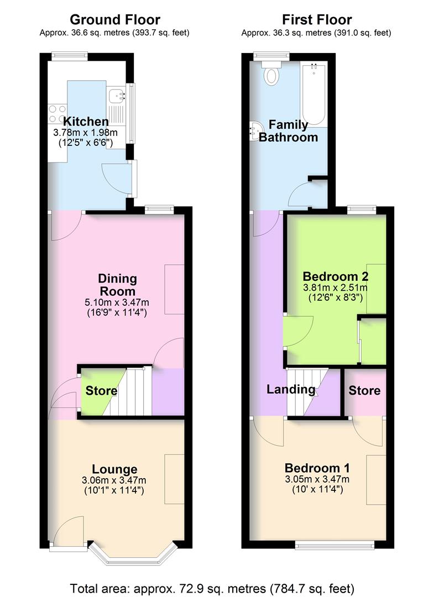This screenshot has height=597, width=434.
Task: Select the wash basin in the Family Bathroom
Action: pyautogui.click(x=255, y=131)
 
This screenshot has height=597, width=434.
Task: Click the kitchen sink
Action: pyautogui.click(x=116, y=96)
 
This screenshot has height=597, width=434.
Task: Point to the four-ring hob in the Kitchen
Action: pyautogui.click(x=57, y=114)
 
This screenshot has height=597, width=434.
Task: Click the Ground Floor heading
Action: pyautogui.click(x=114, y=20)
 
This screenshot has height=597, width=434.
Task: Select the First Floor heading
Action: pyautogui.click(x=316, y=20)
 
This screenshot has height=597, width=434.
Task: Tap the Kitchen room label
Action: pyautogui.click(x=86, y=122)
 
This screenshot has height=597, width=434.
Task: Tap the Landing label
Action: pyautogui.click(x=291, y=389)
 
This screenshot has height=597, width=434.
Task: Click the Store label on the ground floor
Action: pyautogui.click(x=101, y=391)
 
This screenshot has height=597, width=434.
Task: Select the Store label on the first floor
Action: pyautogui.click(x=364, y=391)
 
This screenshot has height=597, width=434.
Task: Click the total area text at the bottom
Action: pyautogui.click(x=216, y=586)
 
